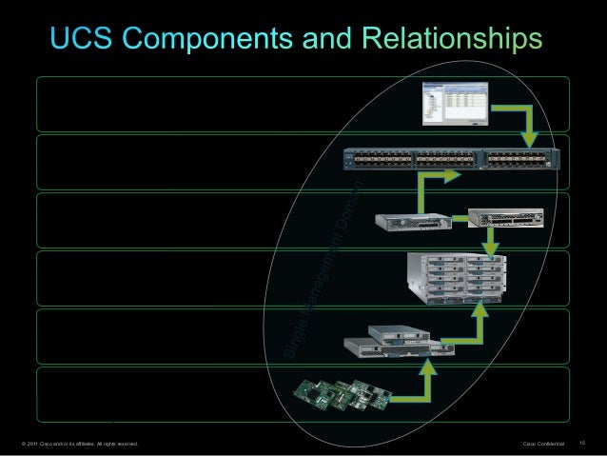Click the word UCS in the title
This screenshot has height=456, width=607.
click(x=79, y=38)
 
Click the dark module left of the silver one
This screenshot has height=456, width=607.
click(x=410, y=222)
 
